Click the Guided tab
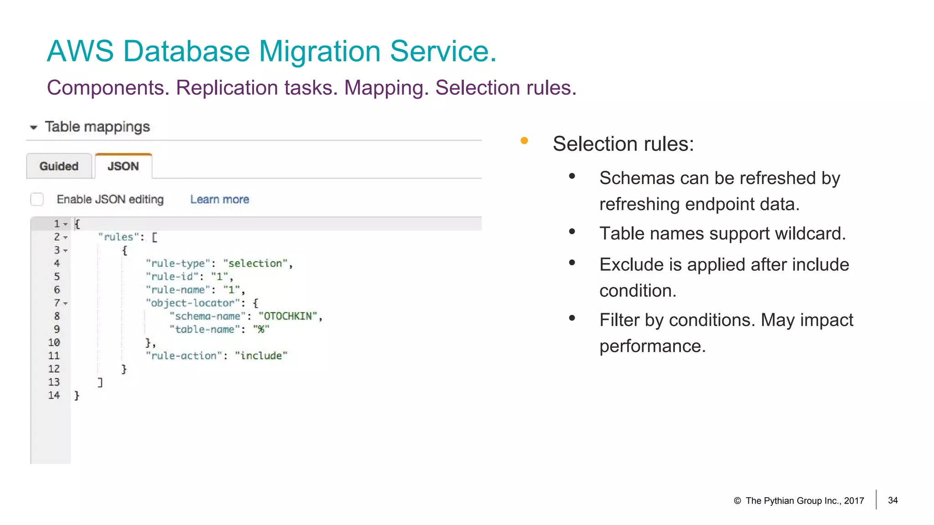[59, 166]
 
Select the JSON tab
[123, 166]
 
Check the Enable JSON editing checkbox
[37, 199]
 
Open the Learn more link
[219, 200]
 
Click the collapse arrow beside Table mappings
[33, 128]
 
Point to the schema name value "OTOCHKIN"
[288, 316]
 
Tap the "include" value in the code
[261, 356]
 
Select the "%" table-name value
[261, 329]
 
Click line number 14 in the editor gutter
[54, 396]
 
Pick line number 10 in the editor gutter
[54, 343]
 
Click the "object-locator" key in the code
[192, 303]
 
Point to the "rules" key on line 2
[118, 237]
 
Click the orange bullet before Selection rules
[524, 141]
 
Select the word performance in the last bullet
[652, 346]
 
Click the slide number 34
[892, 500]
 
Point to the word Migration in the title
[319, 51]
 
